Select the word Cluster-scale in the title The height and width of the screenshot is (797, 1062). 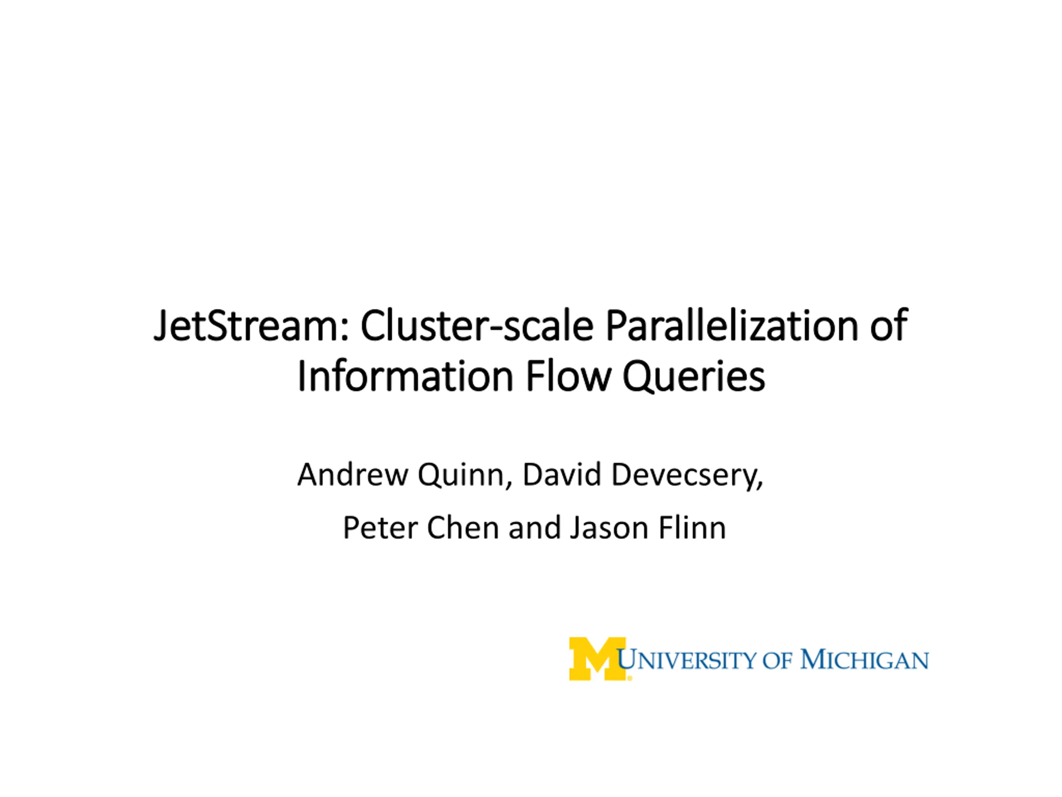click(x=477, y=326)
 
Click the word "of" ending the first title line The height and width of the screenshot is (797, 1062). click(x=889, y=326)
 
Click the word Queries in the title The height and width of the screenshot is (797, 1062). click(x=694, y=378)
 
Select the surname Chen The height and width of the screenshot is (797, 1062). click(x=463, y=528)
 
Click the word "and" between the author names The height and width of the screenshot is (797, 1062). click(x=534, y=528)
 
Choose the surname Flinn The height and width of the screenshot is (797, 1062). click(x=692, y=528)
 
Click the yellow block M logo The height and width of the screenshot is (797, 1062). click(x=598, y=659)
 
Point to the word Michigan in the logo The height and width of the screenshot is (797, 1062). click(x=864, y=660)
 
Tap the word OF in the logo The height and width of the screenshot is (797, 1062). click(x=778, y=660)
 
